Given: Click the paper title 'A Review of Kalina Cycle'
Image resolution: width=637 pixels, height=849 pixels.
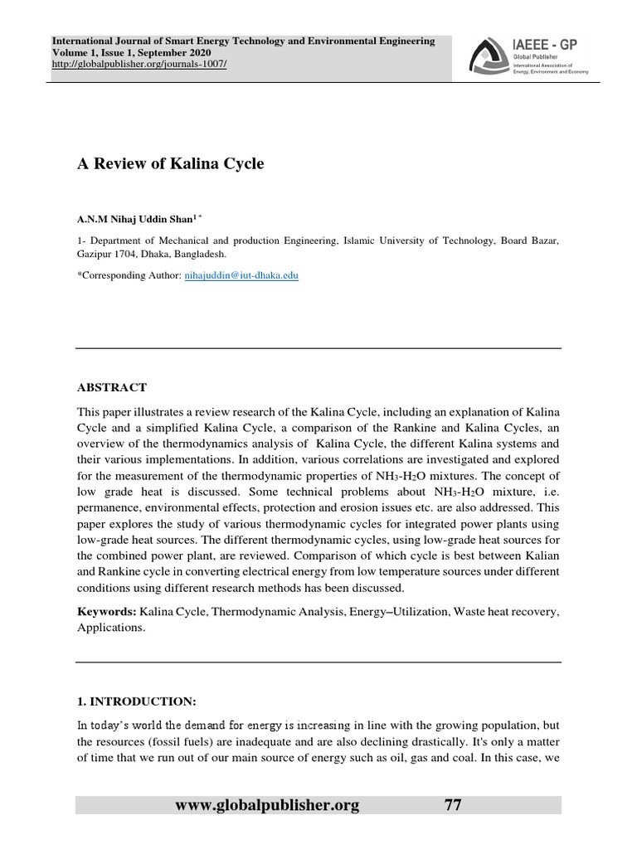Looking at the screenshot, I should click(x=170, y=164).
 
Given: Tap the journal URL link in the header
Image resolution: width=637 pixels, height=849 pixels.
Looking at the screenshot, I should click(x=139, y=65).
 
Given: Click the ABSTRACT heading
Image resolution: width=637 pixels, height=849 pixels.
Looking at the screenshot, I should click(x=112, y=387).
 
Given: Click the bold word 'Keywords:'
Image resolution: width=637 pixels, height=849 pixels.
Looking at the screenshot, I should click(x=106, y=611).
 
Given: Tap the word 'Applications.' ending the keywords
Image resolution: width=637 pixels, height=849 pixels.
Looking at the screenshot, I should click(x=110, y=628).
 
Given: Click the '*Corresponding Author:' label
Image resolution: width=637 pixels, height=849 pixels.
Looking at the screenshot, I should click(x=127, y=275).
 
